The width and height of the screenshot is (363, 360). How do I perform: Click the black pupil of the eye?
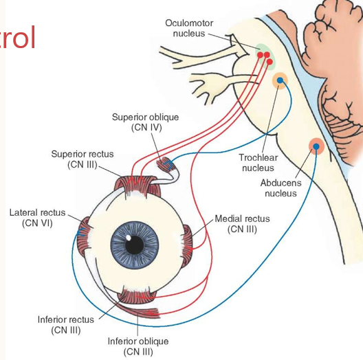135,245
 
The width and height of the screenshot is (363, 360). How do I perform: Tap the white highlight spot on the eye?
129,238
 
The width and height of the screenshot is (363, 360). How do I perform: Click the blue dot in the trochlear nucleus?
280,80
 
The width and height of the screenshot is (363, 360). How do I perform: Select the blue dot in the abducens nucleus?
316,146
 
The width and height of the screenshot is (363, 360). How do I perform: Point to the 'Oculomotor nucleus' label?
189,28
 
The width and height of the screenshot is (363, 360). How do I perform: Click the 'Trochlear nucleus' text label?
258,163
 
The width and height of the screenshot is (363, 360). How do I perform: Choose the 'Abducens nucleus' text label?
280,188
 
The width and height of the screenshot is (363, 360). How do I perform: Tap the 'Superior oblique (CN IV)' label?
146,122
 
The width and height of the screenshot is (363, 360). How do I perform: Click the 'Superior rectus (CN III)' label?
82,159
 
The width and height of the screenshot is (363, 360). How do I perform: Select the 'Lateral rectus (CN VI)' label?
37,218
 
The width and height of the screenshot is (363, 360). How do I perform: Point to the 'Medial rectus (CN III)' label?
243,224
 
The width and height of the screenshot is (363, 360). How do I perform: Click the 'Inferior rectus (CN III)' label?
66,324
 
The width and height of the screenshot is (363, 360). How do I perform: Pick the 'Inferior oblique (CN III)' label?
138,346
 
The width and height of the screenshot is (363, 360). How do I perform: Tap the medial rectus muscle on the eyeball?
187,245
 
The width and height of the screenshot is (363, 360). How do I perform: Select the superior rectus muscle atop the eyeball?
137,185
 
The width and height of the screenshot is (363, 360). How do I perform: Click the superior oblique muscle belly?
166,164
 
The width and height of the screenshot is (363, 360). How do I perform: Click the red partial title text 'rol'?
17,38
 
